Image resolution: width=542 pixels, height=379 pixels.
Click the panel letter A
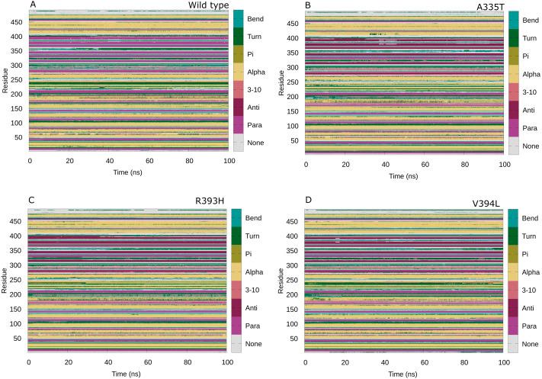click(32, 5)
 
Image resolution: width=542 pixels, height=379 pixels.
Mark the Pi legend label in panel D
click(531, 253)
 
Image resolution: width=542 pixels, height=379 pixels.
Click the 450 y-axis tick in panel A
click(18, 23)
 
